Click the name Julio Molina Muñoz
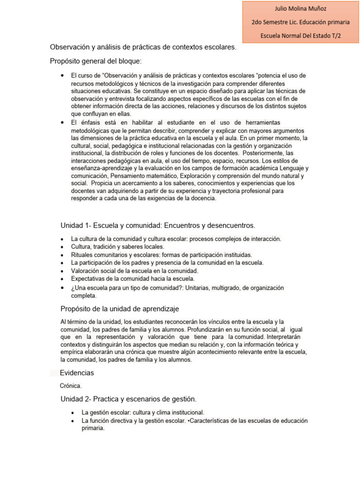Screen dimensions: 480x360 coord(300,8)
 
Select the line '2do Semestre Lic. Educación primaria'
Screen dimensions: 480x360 coord(300,22)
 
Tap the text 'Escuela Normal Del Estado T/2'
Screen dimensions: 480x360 coord(300,35)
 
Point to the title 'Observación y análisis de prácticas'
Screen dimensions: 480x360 coord(143,47)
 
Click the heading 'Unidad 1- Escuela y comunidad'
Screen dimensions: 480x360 coord(158,225)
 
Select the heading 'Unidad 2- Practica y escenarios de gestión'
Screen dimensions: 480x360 coord(128,399)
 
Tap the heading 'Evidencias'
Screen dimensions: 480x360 coord(77,373)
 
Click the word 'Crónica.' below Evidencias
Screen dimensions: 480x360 coord(71,386)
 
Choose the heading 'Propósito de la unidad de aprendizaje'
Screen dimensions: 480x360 coord(120,308)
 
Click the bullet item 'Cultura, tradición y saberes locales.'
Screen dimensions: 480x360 coord(118,247)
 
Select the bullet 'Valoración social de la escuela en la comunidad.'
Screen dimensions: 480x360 coord(135,270)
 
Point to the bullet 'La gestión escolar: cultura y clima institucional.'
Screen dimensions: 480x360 coord(143,412)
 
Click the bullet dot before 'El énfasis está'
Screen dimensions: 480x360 coord(63,122)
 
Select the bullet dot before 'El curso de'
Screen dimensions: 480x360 coord(63,75)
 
